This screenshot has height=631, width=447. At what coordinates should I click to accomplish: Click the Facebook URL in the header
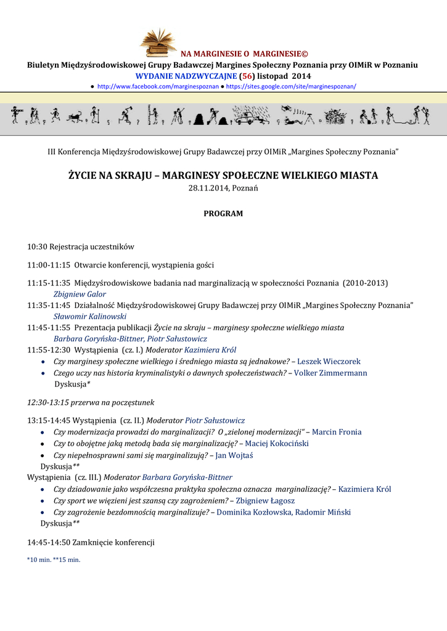(158, 87)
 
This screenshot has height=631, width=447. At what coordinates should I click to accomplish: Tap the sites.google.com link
(291, 87)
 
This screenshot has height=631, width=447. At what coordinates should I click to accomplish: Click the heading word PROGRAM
(223, 214)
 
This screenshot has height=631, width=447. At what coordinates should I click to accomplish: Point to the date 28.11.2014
(208, 188)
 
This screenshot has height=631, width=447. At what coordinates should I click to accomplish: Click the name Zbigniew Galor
(80, 294)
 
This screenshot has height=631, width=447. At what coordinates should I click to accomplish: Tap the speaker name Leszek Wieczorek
(329, 361)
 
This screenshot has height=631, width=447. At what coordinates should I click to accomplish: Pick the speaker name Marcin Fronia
(337, 432)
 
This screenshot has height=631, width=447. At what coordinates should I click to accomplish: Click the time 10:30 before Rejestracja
(37, 246)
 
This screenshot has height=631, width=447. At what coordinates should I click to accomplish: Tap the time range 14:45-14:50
(49, 543)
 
